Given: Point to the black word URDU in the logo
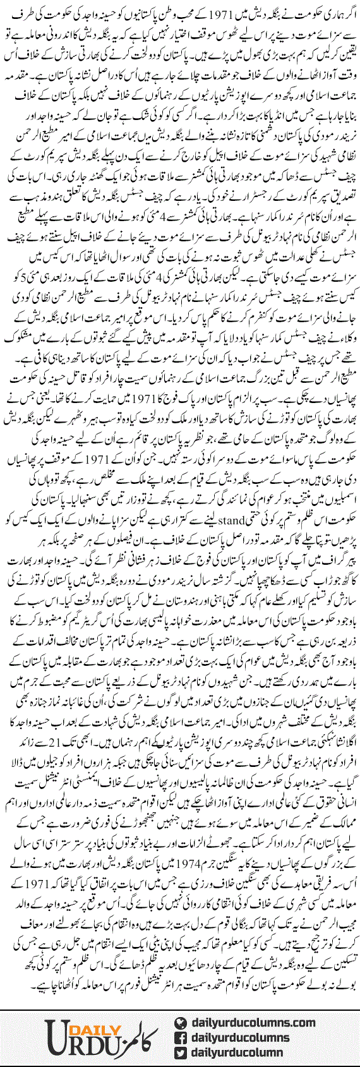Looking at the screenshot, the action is click(x=66, y=1039).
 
